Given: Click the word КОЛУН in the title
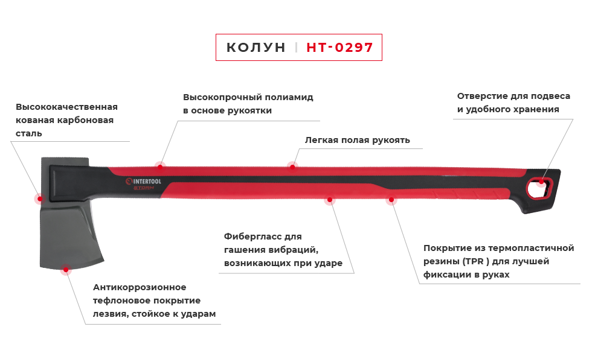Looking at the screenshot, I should pos(256,48).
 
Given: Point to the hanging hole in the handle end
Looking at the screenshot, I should pos(539,187).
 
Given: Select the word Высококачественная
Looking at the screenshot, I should pos(66,107).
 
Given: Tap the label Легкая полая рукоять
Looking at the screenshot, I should pos(358,140).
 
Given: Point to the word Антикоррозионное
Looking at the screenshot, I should pos(140,287).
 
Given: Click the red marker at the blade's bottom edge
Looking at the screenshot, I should pos(65,271).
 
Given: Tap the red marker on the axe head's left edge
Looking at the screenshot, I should pos(38,198).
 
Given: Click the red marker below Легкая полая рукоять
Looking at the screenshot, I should pos(292,165).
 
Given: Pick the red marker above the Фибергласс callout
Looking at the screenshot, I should pos(329,202).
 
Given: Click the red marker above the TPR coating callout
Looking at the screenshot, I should pos(391,202).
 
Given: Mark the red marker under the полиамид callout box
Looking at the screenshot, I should pos(159,164).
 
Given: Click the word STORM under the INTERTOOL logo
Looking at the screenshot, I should pos(144,188).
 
